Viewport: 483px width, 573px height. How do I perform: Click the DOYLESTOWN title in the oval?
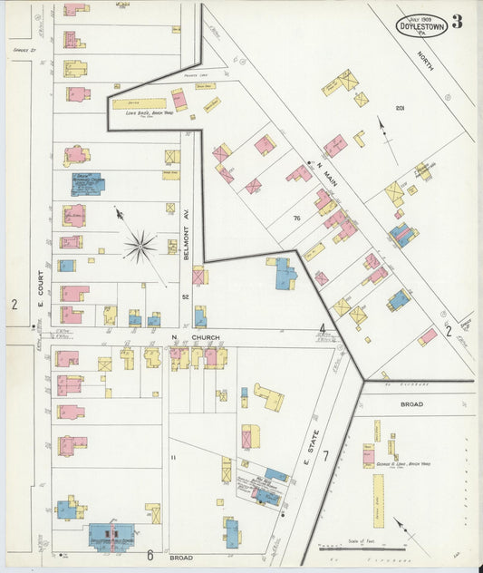click(421, 28)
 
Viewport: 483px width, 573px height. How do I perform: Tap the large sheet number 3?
click(458, 22)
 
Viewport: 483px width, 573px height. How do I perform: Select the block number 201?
click(400, 109)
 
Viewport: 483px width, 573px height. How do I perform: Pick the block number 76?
click(296, 219)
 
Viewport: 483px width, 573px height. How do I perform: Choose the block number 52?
click(185, 296)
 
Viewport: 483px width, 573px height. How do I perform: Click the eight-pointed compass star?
click(140, 243)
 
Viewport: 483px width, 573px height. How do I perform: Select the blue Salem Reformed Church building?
click(87, 185)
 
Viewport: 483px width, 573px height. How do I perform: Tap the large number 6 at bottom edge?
click(150, 556)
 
